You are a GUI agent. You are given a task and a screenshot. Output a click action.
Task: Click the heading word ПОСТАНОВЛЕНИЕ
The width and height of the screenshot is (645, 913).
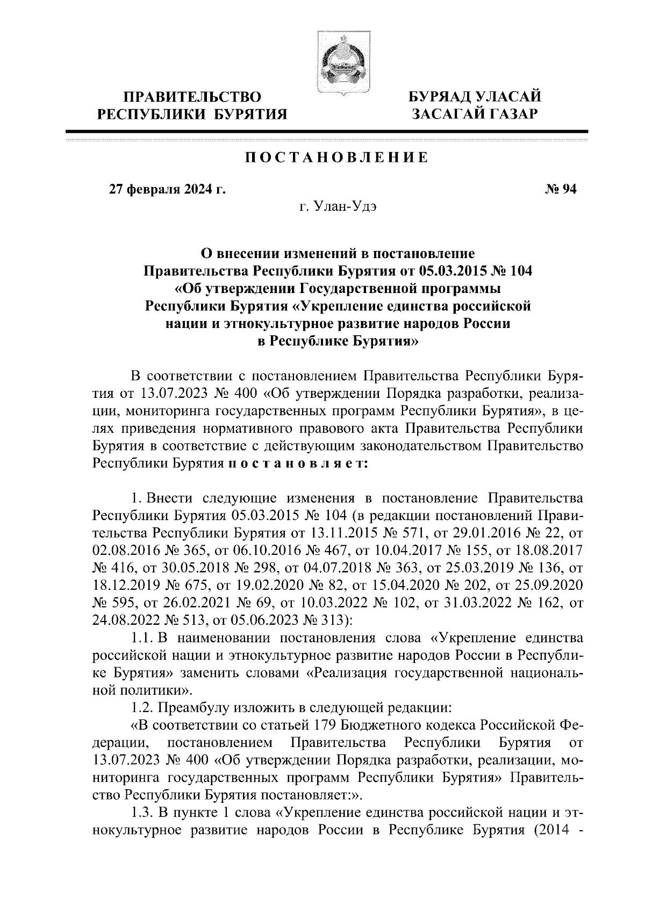(337, 158)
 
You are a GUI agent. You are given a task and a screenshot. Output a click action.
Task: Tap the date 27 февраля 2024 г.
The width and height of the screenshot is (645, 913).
(167, 189)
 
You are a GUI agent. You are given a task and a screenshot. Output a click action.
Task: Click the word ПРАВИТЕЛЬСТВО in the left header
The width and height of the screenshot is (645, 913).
(193, 97)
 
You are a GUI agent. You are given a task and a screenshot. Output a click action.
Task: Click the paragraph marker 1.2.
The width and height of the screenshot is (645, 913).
(142, 708)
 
